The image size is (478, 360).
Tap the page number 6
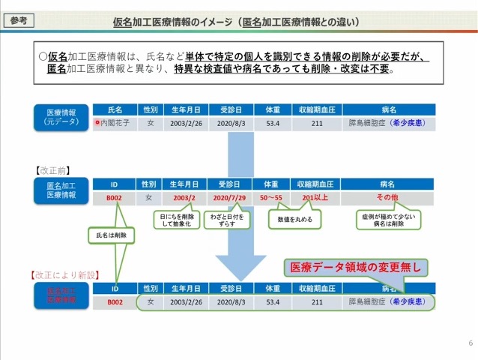coord(470,343)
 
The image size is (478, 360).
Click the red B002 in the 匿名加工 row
coord(114,198)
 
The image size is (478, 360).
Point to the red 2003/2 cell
coord(184,198)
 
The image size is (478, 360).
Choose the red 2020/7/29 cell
coord(230,198)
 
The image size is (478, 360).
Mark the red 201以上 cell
coord(317,198)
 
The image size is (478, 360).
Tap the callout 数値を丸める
coord(295,220)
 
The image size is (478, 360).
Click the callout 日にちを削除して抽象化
coord(177,220)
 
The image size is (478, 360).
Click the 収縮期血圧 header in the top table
coord(317,109)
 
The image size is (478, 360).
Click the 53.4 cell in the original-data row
coord(272,123)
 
